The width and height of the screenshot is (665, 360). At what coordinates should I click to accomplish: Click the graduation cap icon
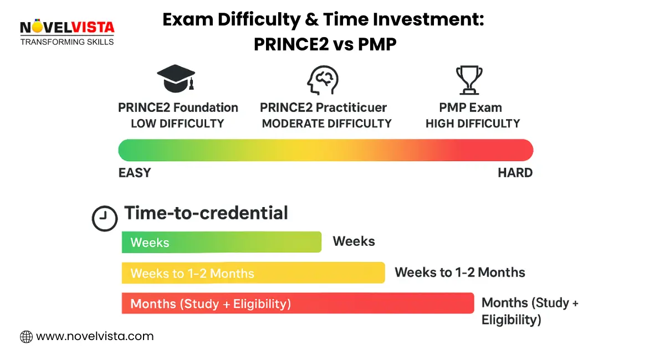point(176,78)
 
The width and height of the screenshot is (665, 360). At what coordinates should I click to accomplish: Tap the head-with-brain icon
point(323,80)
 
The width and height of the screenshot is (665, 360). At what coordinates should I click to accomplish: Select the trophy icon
point(469,80)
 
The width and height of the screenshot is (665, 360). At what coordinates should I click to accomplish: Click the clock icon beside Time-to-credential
point(105,218)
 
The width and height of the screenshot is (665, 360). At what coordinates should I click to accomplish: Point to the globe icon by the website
point(26,337)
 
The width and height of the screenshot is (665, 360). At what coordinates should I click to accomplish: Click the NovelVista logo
point(67,32)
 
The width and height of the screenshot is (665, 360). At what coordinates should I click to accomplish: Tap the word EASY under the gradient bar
point(135,173)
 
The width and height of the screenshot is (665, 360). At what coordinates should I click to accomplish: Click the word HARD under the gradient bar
point(515,173)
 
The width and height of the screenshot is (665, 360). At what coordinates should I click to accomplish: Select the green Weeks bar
point(222,242)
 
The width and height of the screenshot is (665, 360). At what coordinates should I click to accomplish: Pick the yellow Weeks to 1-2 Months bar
point(253,272)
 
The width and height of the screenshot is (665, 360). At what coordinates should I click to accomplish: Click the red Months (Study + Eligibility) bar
point(298,304)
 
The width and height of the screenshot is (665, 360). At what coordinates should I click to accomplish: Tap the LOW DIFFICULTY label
point(177,124)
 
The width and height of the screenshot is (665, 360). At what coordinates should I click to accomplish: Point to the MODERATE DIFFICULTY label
point(326,124)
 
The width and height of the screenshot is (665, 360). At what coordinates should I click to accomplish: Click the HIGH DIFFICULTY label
point(473,124)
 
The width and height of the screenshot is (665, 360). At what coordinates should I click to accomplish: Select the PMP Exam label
point(470,107)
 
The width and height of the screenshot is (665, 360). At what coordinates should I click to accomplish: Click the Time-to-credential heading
point(206,213)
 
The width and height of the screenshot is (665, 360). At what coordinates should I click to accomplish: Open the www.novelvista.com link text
point(95,337)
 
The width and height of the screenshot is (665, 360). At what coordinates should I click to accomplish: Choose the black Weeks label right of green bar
point(354,241)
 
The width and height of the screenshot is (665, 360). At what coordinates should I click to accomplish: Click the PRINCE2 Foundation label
point(178,107)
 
